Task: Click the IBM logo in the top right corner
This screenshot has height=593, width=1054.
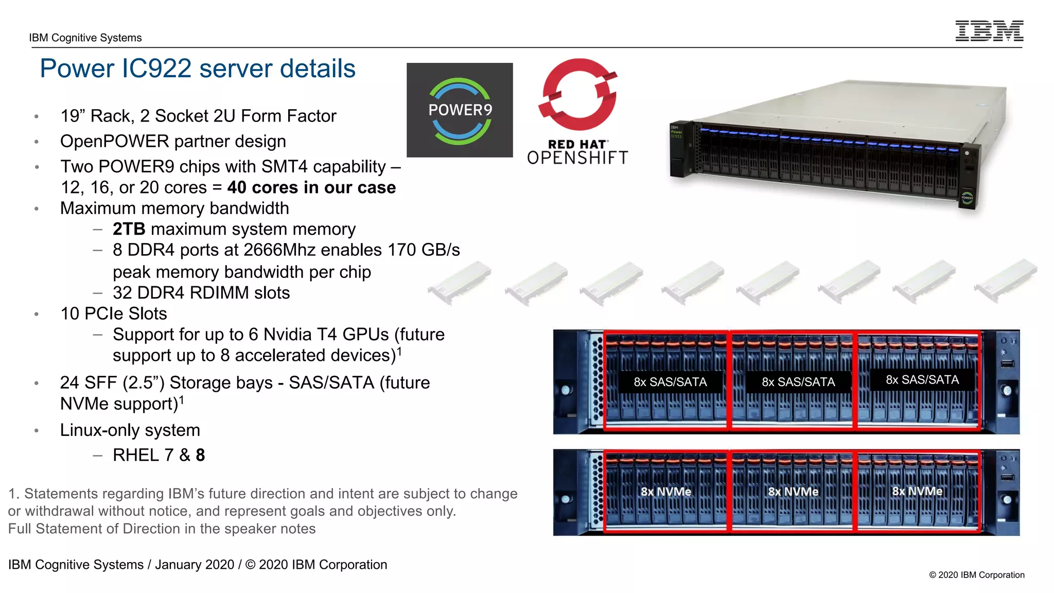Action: click(989, 31)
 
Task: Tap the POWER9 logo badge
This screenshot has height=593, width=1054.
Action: click(460, 110)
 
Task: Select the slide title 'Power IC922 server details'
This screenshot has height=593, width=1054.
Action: click(198, 68)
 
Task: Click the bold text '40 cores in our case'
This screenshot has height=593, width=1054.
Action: click(311, 187)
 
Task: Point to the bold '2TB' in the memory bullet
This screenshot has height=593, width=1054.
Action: click(129, 229)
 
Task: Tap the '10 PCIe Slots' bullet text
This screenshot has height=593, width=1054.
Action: click(114, 313)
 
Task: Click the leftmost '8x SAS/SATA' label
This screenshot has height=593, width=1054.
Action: click(670, 382)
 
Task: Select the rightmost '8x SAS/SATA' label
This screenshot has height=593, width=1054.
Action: click(922, 380)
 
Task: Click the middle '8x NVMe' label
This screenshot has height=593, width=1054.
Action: click(793, 492)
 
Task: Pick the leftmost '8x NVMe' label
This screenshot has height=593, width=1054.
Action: click(665, 492)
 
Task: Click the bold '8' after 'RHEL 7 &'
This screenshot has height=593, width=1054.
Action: click(200, 455)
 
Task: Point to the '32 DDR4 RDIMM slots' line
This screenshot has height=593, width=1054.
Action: click(201, 293)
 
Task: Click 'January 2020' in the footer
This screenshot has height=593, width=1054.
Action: click(195, 565)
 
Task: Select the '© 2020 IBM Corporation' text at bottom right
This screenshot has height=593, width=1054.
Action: click(976, 575)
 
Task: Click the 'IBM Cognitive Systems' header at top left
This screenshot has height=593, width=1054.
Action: click(85, 38)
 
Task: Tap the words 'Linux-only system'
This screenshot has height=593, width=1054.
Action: click(130, 430)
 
